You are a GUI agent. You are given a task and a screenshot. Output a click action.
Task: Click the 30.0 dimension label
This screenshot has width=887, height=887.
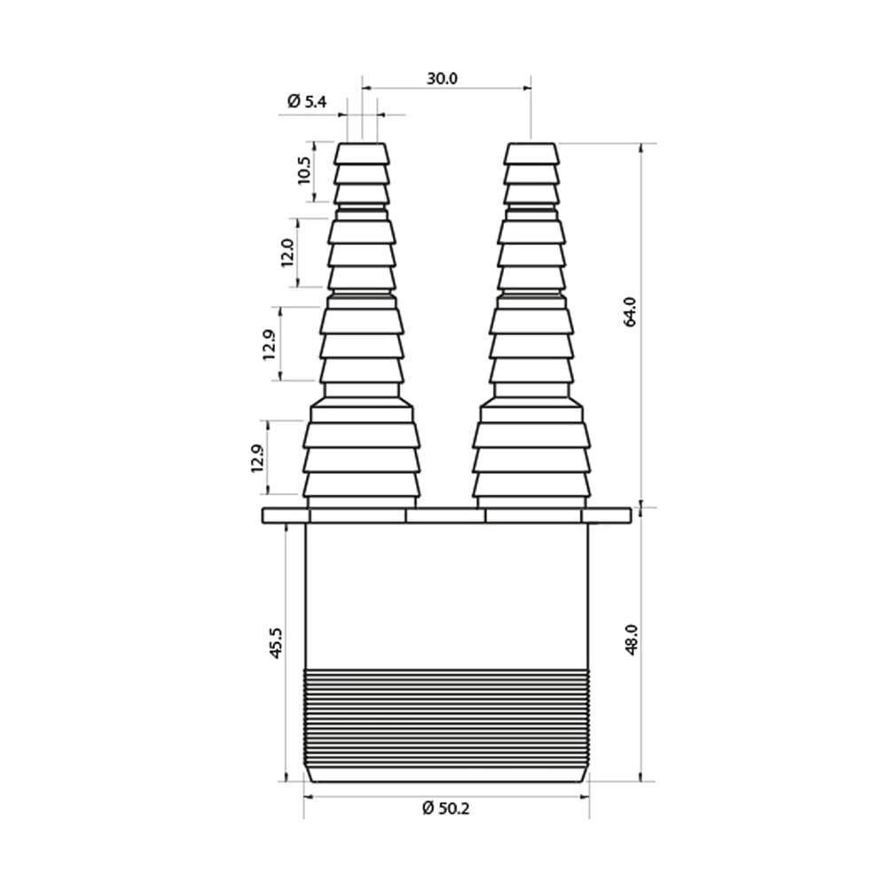click(442, 79)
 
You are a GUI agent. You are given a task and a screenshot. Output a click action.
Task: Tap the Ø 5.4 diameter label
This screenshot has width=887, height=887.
click(307, 102)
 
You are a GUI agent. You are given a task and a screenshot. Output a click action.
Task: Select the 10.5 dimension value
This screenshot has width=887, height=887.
click(303, 170)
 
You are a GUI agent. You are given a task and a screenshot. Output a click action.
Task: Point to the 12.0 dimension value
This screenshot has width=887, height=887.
click(287, 253)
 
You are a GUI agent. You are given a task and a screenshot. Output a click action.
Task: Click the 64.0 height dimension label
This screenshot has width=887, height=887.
click(630, 311)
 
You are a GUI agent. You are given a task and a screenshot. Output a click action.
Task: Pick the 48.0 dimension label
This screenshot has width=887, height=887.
click(631, 640)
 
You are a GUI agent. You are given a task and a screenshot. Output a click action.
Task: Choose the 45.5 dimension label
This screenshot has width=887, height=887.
click(276, 642)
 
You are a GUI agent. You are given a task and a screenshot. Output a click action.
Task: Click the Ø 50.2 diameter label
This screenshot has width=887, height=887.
click(446, 808)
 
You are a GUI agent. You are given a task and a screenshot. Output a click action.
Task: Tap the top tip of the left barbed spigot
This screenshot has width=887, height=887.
click(362, 144)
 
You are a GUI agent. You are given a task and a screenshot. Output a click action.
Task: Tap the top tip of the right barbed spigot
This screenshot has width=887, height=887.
click(531, 144)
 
